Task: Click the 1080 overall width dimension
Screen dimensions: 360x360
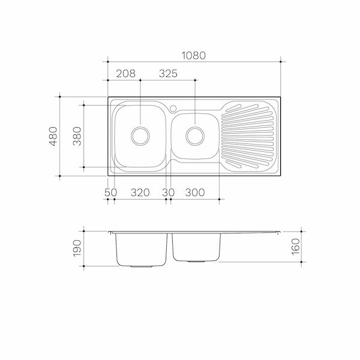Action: click(x=194, y=55)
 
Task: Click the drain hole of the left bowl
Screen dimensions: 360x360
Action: click(x=140, y=135)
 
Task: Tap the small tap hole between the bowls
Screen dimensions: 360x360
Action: click(x=172, y=109)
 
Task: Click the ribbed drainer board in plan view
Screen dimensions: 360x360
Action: click(x=248, y=135)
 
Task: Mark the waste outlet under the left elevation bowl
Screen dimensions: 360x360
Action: click(x=141, y=265)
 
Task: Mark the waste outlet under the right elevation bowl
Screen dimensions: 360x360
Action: click(x=195, y=262)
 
